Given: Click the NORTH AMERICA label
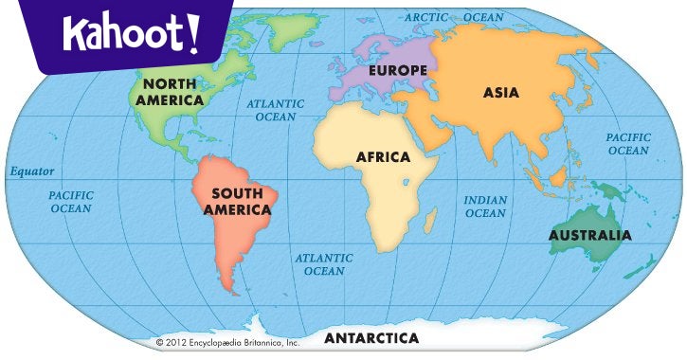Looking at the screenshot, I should click(170, 92).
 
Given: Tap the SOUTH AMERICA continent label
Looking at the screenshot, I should click(237, 201).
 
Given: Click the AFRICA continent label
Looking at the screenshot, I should click(383, 156).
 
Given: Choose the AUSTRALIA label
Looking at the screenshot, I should click(589, 235).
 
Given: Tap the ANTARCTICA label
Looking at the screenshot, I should click(371, 337).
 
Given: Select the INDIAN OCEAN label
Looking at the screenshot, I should click(485, 207).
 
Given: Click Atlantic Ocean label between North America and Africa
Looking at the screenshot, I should click(276, 110).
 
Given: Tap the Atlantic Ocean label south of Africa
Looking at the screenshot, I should click(324, 264).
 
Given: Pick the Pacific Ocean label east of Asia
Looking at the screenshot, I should click(628, 144).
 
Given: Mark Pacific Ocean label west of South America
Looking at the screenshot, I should click(71, 201).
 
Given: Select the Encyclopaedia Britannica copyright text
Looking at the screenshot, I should click(227, 342).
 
